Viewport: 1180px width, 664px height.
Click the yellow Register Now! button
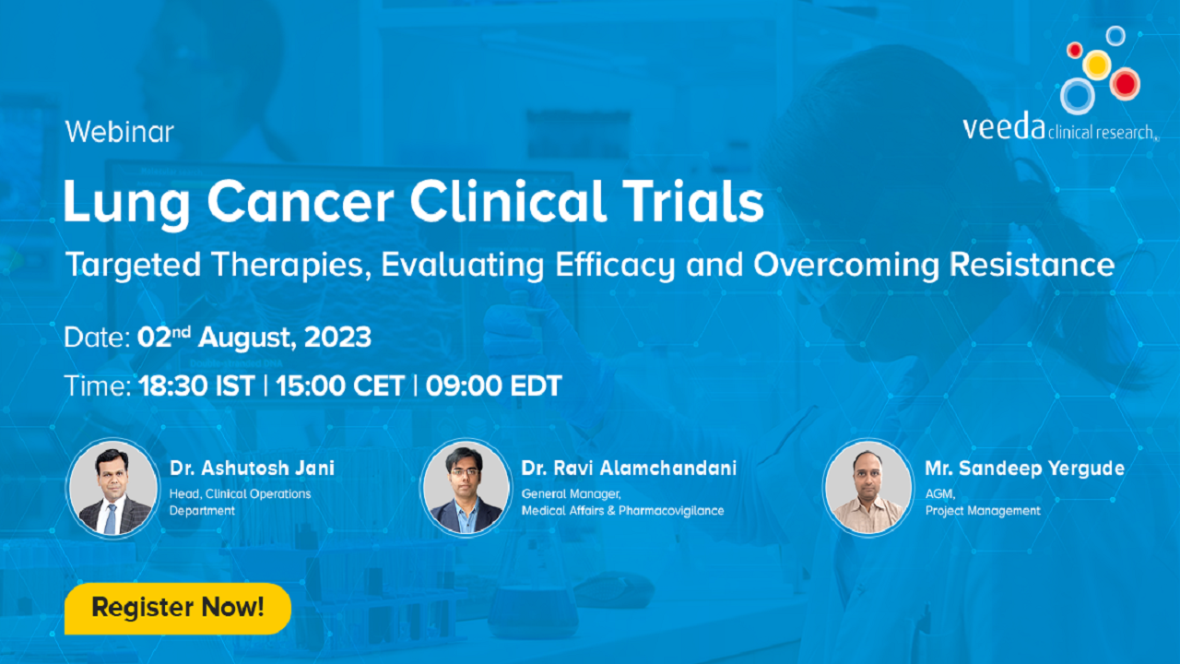point(178,608)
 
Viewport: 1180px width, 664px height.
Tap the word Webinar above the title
point(120,132)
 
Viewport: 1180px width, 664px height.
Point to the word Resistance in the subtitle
point(1032,264)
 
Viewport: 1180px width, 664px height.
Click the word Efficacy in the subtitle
point(615,265)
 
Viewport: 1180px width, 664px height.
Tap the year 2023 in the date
point(337,338)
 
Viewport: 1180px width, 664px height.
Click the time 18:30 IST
point(197,385)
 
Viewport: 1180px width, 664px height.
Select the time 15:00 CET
point(340,385)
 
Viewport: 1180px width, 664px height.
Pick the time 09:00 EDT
point(493,385)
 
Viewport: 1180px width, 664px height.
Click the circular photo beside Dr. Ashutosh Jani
point(112,488)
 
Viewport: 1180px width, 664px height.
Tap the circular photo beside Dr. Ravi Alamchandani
point(466,488)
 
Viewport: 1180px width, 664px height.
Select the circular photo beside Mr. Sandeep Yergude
point(868,488)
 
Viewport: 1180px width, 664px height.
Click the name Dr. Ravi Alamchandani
point(629,468)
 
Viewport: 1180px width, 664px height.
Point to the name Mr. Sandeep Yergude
point(1024,468)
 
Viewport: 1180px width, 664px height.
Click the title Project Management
point(983,511)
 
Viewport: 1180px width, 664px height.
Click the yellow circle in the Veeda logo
point(1097,65)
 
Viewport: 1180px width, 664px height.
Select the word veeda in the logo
point(1004,127)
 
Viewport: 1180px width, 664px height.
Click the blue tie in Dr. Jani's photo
point(110,519)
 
